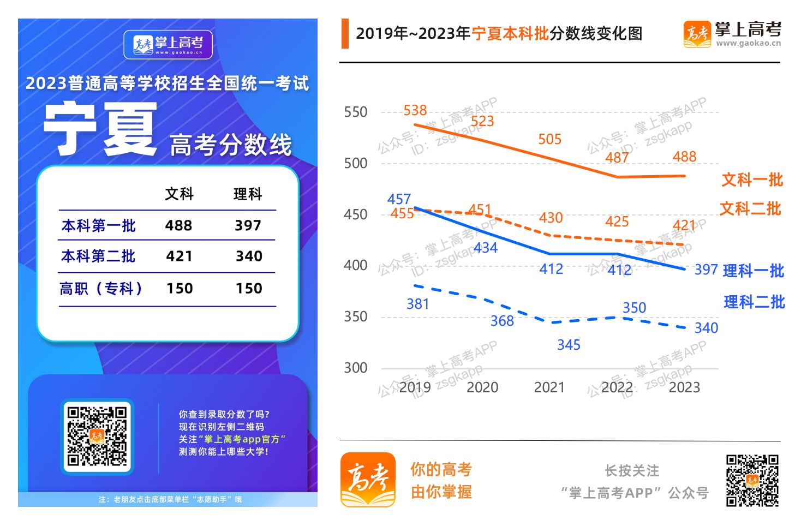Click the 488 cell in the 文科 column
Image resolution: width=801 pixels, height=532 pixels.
coord(178,225)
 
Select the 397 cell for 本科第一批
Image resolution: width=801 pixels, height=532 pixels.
coord(248,225)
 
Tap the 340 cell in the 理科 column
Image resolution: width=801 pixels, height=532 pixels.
coord(249,256)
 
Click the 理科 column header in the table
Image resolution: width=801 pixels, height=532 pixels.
coord(248,194)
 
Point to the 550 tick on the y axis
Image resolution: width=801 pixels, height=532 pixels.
coord(355,112)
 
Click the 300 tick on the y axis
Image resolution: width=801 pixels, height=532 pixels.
coord(355,368)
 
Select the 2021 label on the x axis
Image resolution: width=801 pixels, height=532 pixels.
coord(549,387)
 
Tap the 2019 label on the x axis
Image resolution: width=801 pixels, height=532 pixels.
coord(415,387)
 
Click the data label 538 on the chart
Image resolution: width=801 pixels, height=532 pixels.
coord(415,111)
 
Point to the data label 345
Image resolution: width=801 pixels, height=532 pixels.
coord(569,345)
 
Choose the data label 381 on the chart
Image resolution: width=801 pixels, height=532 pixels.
coord(417,304)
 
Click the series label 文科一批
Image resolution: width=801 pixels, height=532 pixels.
coord(752,180)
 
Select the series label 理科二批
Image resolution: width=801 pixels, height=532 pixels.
coord(754,302)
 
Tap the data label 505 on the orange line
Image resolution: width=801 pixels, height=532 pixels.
coord(549,140)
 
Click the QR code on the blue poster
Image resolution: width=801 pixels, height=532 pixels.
coord(97,437)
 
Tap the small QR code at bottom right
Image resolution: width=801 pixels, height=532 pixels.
coord(752,481)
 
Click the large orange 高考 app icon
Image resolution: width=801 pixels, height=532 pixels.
coord(368,480)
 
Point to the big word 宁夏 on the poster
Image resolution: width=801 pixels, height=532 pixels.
coord(101,129)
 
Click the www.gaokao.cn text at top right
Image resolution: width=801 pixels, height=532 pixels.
coord(748,43)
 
